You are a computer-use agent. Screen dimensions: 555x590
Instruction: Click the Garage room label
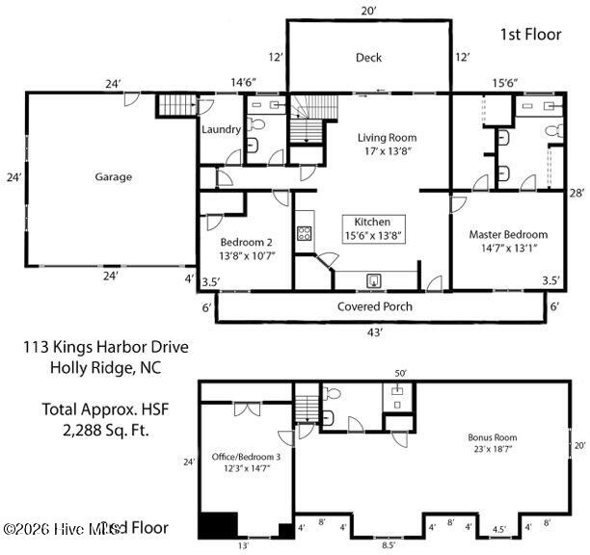tap(113, 176)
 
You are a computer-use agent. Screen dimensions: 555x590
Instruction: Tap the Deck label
tap(368, 57)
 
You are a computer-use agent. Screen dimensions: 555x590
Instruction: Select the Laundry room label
tap(221, 129)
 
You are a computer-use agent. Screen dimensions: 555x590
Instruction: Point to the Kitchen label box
tap(372, 227)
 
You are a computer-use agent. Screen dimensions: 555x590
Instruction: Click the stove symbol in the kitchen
tap(305, 232)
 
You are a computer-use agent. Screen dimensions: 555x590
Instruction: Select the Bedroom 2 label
tap(246, 242)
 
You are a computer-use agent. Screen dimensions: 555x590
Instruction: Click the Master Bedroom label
tap(508, 234)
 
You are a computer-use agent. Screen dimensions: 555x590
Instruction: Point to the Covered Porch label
tap(375, 306)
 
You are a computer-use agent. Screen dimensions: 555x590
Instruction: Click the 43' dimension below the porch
tap(375, 331)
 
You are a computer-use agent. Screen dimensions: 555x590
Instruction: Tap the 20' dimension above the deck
tap(368, 10)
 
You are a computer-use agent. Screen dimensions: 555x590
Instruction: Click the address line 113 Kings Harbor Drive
tap(106, 347)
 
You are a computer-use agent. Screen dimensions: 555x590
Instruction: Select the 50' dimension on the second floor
tap(400, 373)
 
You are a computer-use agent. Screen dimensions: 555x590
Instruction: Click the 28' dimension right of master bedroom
tap(577, 193)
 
